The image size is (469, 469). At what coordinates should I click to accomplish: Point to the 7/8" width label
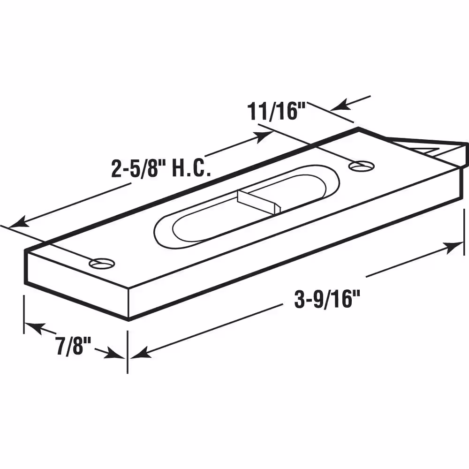[x=73, y=346]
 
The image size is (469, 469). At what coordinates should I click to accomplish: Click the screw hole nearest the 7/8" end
[x=102, y=263]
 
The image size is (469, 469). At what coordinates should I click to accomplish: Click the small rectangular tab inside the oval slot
[x=259, y=202]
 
